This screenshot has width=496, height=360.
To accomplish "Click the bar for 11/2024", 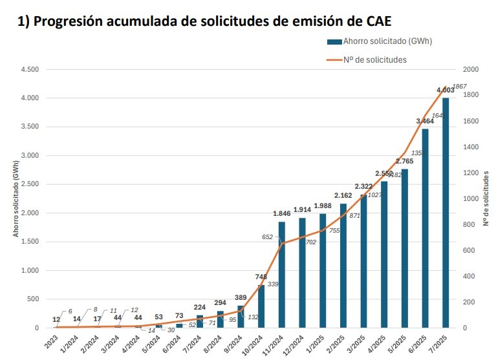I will [282, 275].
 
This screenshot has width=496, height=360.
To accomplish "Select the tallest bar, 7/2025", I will [446, 213].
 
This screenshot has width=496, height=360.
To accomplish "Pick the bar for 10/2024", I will [261, 306].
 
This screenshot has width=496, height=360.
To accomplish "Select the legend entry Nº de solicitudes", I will [375, 59].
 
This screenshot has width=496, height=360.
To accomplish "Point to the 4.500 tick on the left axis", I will [30, 70].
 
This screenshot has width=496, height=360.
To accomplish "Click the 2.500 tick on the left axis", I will [30, 184].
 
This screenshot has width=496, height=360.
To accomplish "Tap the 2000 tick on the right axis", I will [471, 70].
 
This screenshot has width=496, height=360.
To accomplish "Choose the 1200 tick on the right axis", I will [471, 173].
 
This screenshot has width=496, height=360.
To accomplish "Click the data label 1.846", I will [282, 214].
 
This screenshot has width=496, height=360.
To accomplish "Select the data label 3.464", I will [425, 122].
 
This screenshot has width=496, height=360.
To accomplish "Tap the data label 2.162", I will [343, 195].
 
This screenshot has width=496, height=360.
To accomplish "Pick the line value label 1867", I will [458, 87].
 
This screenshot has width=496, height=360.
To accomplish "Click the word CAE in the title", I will [371, 21].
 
